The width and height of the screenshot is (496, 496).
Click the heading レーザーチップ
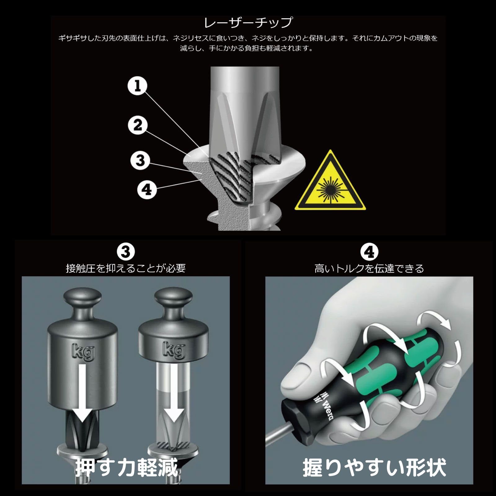coord(248,23)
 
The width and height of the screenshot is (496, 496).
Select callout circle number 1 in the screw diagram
coord(138,86)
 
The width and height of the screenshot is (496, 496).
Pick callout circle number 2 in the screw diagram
coord(138,125)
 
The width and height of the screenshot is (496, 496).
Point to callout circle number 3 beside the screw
coord(140,160)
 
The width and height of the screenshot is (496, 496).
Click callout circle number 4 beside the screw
coord(147,189)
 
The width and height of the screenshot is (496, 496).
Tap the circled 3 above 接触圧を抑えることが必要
coord(126,252)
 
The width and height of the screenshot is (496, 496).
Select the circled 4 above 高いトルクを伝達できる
coord(369,252)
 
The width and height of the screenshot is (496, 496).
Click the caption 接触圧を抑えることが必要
coord(126,268)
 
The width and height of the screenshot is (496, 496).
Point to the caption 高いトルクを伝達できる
coord(369,268)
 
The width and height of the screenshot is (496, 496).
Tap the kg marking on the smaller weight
coord(174,350)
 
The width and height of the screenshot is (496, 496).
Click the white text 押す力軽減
coord(127,468)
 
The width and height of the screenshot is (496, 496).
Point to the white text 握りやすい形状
coord(374,468)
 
